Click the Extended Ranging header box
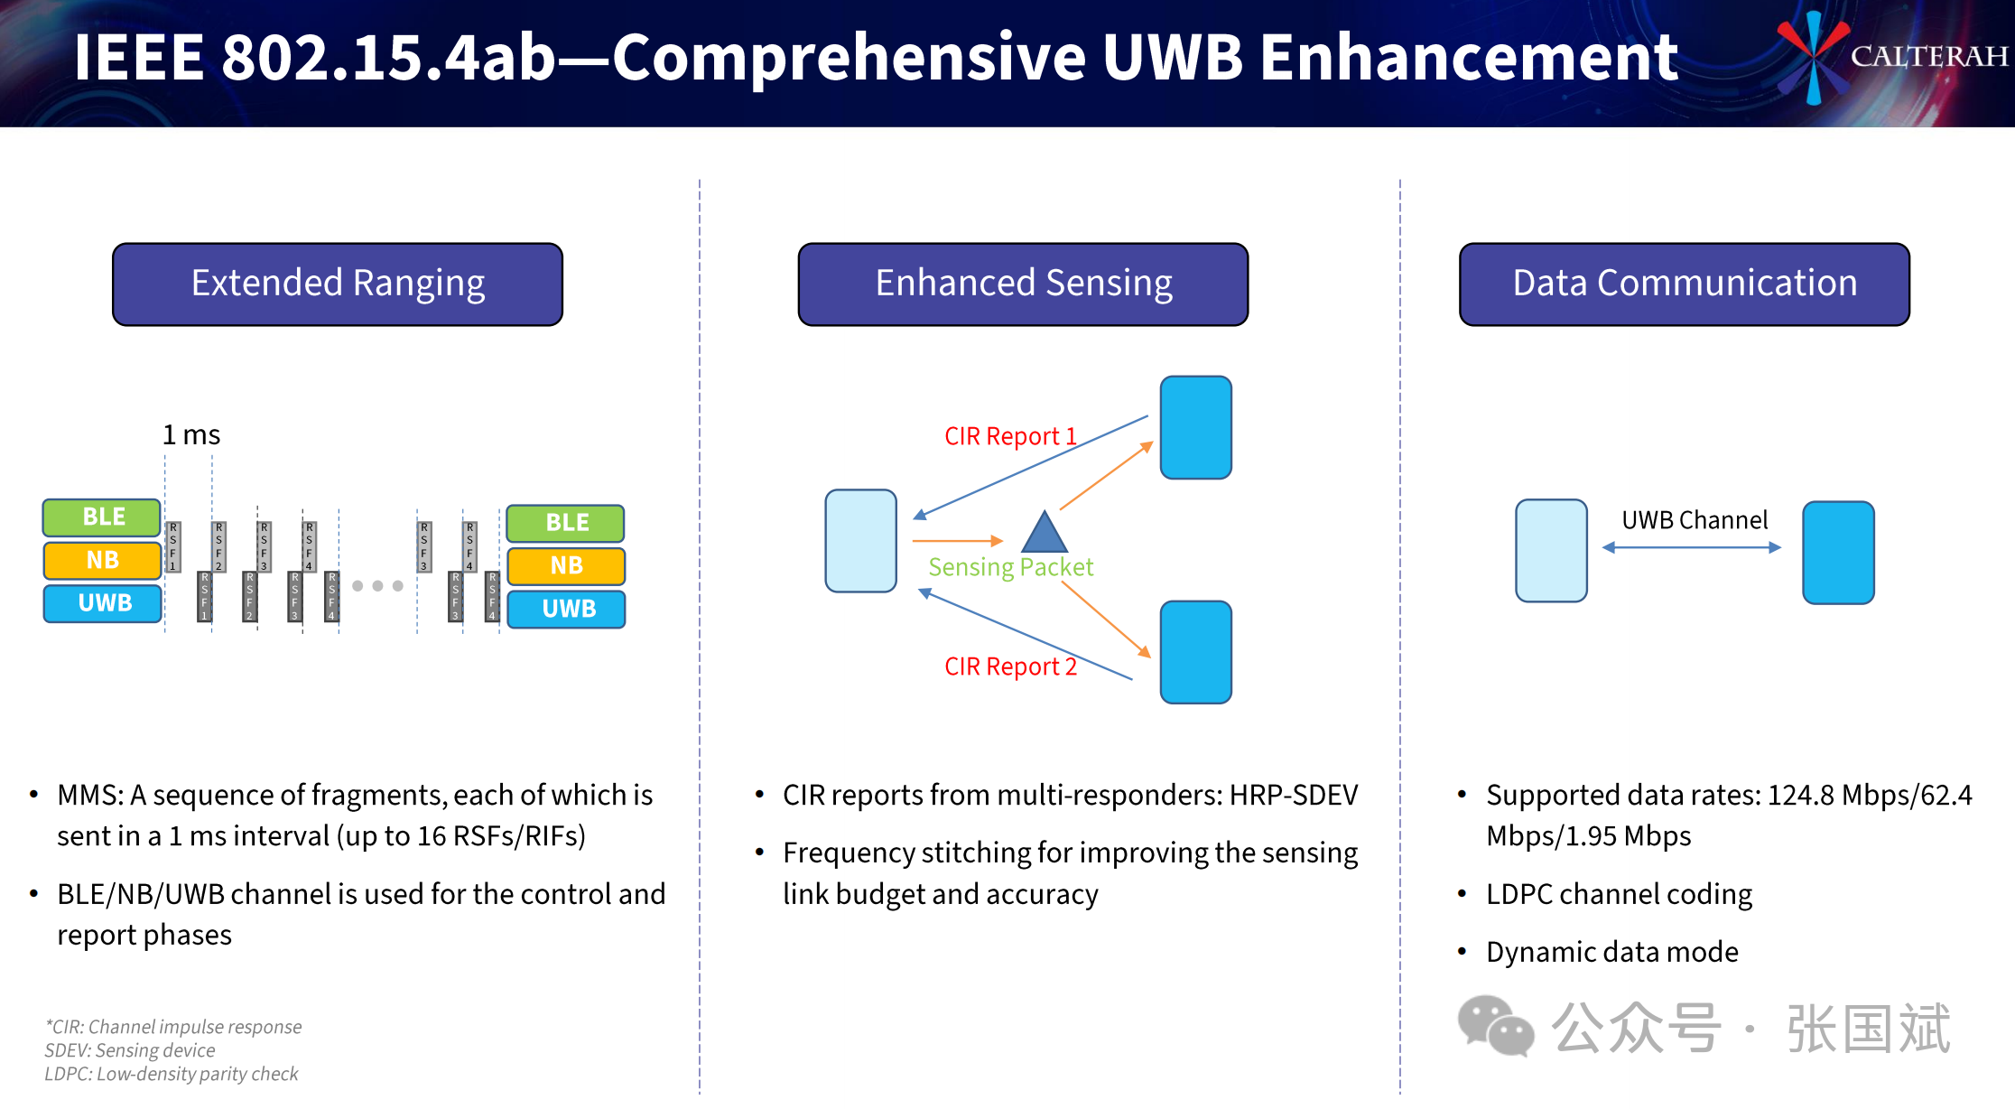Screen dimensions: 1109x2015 click(338, 284)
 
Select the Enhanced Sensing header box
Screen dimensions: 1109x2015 click(1023, 284)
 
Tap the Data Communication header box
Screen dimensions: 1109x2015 click(1685, 284)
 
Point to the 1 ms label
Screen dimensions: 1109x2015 click(191, 435)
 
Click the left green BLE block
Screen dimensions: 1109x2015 click(102, 517)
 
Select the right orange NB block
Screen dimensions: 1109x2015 click(566, 565)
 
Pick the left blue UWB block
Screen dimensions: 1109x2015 click(103, 603)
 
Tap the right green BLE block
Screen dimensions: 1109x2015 click(566, 523)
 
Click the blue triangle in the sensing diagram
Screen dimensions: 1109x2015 click(1045, 534)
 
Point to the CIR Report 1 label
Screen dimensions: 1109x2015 click(1010, 436)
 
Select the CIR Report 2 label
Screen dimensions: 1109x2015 click(1010, 666)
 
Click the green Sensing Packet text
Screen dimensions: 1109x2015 click(1010, 567)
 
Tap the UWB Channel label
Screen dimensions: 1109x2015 click(1695, 520)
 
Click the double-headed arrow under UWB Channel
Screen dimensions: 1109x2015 click(1692, 547)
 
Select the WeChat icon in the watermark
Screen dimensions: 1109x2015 click(1495, 1026)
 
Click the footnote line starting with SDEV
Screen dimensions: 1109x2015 click(130, 1050)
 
